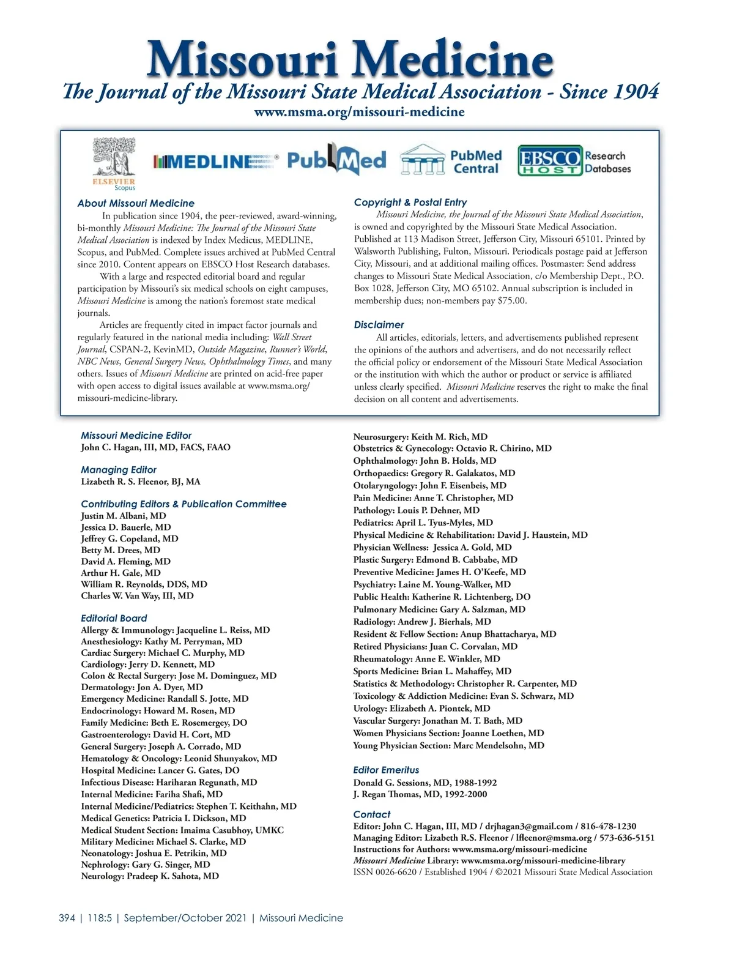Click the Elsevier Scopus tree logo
tap(114, 162)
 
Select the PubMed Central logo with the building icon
tap(451, 162)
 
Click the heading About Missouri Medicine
tap(136, 203)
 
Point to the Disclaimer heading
tap(379, 325)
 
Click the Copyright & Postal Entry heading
tap(410, 202)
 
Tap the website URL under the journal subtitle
tap(359, 112)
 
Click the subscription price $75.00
tap(512, 300)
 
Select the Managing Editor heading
tap(119, 470)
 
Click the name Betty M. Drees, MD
tap(120, 550)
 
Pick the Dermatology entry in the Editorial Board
tap(142, 687)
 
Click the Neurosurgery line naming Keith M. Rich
tap(420, 437)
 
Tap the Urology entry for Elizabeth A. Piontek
tap(421, 709)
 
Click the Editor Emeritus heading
tap(386, 770)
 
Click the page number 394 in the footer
tap(67, 918)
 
